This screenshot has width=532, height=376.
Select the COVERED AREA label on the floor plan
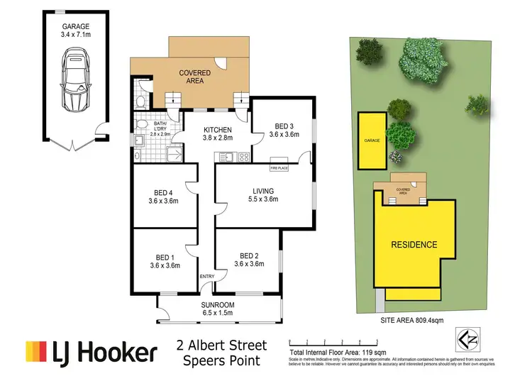click(191, 77)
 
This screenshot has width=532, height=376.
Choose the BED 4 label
click(162, 197)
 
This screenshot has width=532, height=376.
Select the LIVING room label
click(263, 195)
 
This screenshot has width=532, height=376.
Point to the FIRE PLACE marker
click(278, 168)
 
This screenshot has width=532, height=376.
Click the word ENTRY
click(207, 277)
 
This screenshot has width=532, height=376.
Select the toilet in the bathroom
click(140, 102)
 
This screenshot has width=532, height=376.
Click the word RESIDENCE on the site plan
click(414, 244)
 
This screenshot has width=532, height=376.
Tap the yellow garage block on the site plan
click(372, 141)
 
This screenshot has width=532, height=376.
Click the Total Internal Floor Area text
click(340, 351)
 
